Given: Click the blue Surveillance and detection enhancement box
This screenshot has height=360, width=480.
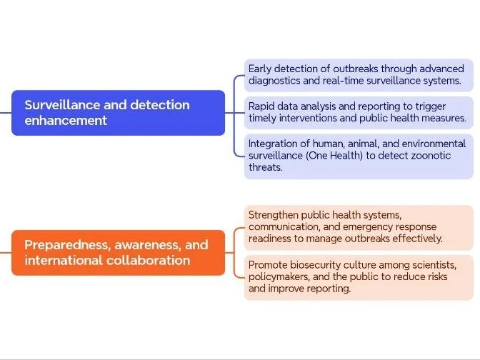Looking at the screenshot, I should tap(118, 112).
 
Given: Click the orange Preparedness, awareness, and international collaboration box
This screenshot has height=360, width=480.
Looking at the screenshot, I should tap(118, 252).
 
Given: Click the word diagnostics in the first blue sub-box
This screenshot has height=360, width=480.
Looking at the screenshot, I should tap(277, 81).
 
